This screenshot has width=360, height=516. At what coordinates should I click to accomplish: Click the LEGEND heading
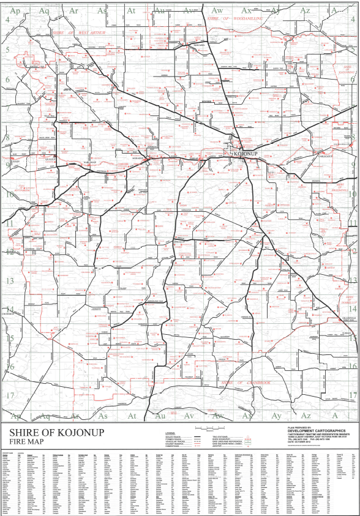point(162,433)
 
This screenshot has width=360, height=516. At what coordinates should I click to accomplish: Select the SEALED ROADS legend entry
point(165,436)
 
